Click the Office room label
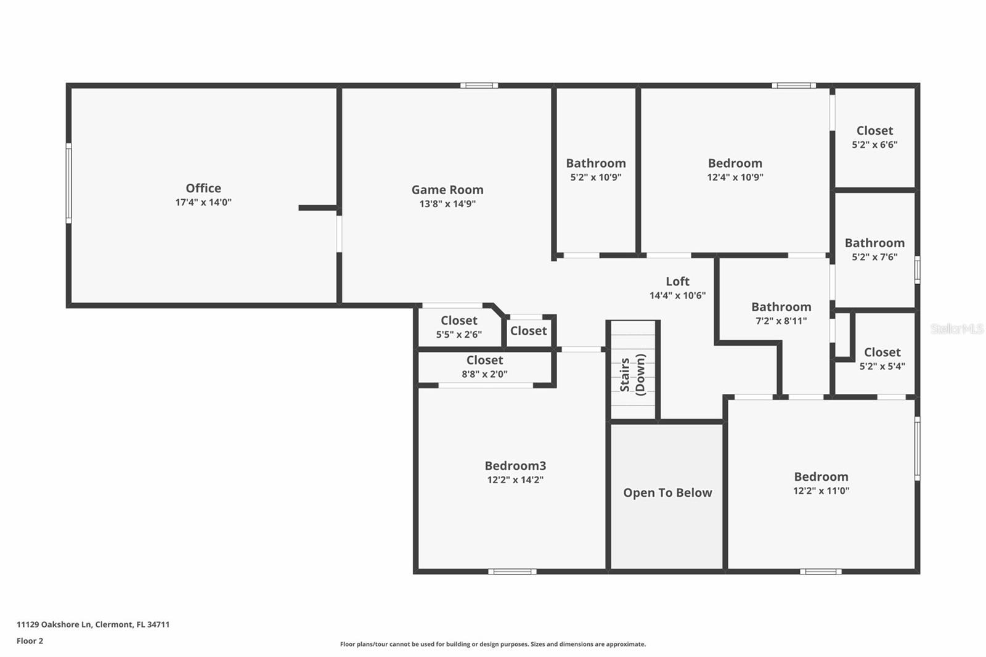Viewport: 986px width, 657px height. (203, 188)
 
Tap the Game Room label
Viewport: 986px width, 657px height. (447, 190)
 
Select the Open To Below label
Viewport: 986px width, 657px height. (667, 492)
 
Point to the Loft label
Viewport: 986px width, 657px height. (677, 281)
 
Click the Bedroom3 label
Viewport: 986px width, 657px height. (515, 466)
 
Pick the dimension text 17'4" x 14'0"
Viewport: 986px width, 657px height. (203, 202)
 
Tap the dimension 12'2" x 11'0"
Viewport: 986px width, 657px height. (821, 491)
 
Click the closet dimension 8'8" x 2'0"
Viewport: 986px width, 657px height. (484, 374)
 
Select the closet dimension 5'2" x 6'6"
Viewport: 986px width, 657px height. (874, 145)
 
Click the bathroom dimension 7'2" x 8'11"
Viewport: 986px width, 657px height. (781, 320)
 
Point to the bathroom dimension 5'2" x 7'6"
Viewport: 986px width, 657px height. (874, 257)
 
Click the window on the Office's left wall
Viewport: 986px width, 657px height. (68, 183)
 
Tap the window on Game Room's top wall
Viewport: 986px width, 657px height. (479, 85)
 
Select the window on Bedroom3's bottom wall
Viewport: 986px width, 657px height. (512, 571)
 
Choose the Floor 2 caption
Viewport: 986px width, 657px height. (30, 641)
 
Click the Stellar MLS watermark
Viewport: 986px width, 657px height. (956, 329)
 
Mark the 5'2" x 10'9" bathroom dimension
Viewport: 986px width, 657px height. (595, 177)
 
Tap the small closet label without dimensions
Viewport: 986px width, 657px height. (528, 331)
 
